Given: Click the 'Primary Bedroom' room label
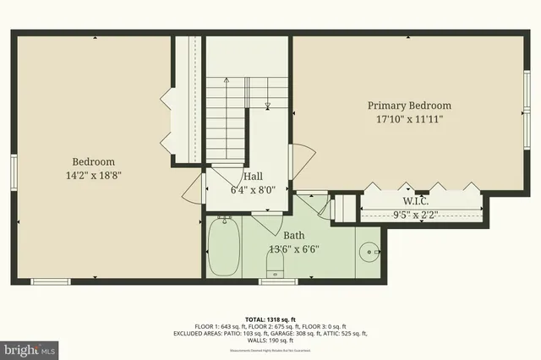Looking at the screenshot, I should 408,106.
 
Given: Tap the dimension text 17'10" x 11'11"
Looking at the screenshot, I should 408,120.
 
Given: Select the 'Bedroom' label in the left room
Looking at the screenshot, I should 93,161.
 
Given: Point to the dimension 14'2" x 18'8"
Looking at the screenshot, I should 93,176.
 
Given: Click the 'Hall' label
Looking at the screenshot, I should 253,177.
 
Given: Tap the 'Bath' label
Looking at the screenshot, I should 293,235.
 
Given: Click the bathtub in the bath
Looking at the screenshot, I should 224,247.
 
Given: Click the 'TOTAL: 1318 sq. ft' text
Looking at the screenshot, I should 270,312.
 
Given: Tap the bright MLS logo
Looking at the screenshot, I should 30,347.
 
